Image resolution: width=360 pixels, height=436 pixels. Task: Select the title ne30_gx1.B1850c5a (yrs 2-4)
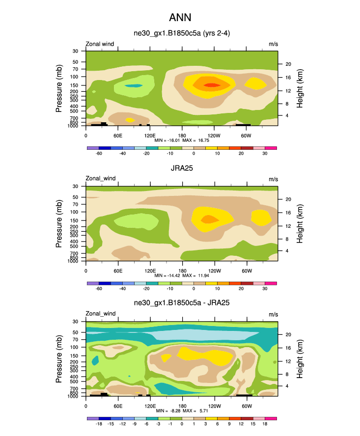tap(182, 34)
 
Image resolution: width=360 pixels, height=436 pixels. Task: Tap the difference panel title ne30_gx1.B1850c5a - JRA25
tap(182, 303)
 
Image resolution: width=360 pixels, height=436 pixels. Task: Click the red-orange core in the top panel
tap(212, 85)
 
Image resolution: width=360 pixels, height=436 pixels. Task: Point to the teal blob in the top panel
tap(133, 86)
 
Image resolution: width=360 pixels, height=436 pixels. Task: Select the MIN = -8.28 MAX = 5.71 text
tap(182, 411)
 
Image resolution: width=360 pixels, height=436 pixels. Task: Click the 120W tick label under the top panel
tap(214, 135)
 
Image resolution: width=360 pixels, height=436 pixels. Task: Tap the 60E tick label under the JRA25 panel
tap(118, 271)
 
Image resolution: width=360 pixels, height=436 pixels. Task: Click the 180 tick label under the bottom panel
tap(182, 406)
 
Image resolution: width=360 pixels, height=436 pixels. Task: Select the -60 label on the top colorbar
tap(99, 153)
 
